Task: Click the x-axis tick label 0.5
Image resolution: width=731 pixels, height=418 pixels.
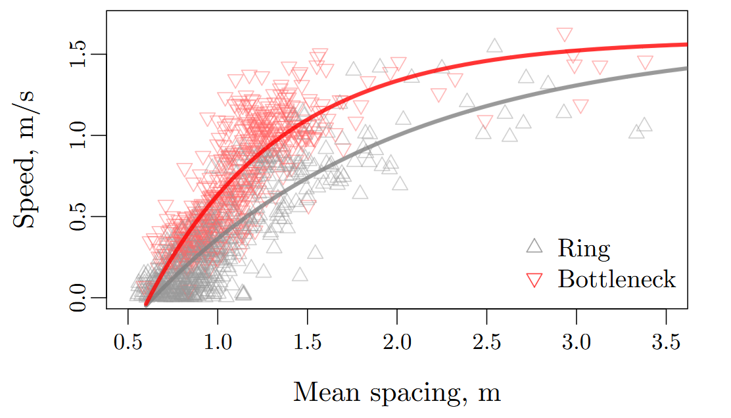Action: [128, 342]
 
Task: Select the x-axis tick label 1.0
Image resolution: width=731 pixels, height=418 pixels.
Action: [218, 342]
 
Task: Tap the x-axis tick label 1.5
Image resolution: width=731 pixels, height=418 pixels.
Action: [308, 342]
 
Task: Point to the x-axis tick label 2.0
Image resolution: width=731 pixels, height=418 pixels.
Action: [397, 342]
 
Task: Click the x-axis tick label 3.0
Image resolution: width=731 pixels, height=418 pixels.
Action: [577, 342]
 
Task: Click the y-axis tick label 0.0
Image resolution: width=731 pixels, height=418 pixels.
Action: [80, 298]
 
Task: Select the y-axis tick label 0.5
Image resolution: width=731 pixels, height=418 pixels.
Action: [80, 216]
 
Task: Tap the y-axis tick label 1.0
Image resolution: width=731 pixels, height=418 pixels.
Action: [80, 135]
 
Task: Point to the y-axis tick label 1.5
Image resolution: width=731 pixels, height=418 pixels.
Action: [80, 54]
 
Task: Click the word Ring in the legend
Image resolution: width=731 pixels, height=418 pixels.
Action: [584, 248]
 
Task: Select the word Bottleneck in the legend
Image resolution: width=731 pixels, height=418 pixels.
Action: [617, 279]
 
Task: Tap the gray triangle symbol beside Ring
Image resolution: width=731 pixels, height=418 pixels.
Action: [534, 246]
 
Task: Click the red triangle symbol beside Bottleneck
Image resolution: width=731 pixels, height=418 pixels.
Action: [534, 281]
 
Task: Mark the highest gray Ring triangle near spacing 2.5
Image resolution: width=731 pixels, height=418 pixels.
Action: [494, 46]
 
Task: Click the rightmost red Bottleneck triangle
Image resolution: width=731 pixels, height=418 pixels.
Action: [645, 63]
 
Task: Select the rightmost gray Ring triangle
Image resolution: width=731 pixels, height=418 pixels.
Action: [645, 125]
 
